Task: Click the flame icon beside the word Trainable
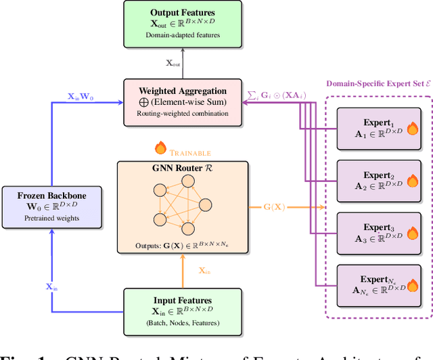(160, 147)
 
